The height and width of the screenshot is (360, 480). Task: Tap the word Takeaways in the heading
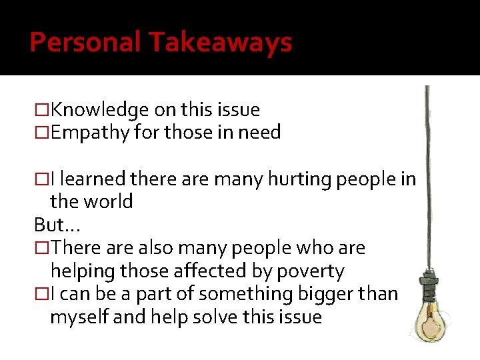(221, 43)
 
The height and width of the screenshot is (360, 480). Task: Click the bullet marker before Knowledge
(42, 110)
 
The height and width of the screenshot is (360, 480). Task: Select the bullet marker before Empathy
(42, 133)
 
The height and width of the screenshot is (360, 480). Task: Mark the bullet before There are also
(42, 248)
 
